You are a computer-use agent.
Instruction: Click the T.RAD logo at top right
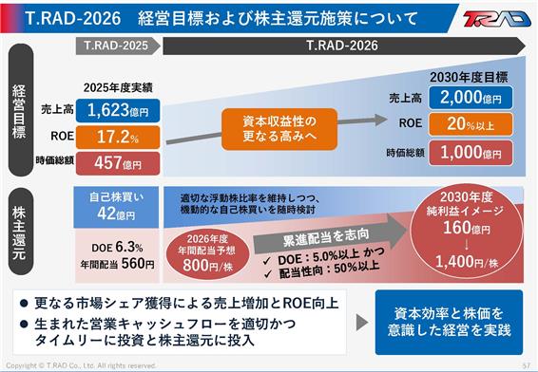[x=496, y=19]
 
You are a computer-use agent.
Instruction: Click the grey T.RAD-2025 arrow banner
[x=118, y=46]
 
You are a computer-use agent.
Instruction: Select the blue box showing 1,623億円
[x=118, y=111]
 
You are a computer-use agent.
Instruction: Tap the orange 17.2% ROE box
[x=118, y=137]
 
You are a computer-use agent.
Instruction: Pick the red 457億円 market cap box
[x=118, y=163]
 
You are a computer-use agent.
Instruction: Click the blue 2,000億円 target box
[x=471, y=98]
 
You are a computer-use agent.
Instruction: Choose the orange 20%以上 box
[x=471, y=124]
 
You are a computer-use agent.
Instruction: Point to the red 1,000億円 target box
[x=471, y=153]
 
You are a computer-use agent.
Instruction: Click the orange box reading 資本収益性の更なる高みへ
[x=279, y=129]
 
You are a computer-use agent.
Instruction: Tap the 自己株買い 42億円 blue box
[x=116, y=207]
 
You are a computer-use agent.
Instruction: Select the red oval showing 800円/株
[x=207, y=253]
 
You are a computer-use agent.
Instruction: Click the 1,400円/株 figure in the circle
[x=467, y=262]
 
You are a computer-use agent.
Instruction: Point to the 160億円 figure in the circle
[x=467, y=228]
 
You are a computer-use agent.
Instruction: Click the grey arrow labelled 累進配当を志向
[x=328, y=236]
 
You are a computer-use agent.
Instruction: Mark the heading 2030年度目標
[x=469, y=78]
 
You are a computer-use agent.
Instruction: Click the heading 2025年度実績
[x=118, y=88]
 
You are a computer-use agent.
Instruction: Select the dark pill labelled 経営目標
[x=21, y=110]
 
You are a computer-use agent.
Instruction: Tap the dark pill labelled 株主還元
[x=21, y=232]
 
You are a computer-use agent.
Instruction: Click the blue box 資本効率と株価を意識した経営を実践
[x=450, y=323]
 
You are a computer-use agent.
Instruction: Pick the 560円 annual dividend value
[x=138, y=264]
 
